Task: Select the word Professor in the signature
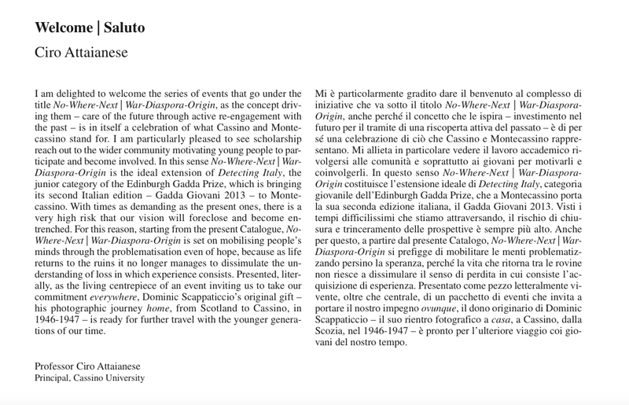pyautogui.click(x=57, y=366)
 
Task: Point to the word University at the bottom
pyautogui.click(x=127, y=377)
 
